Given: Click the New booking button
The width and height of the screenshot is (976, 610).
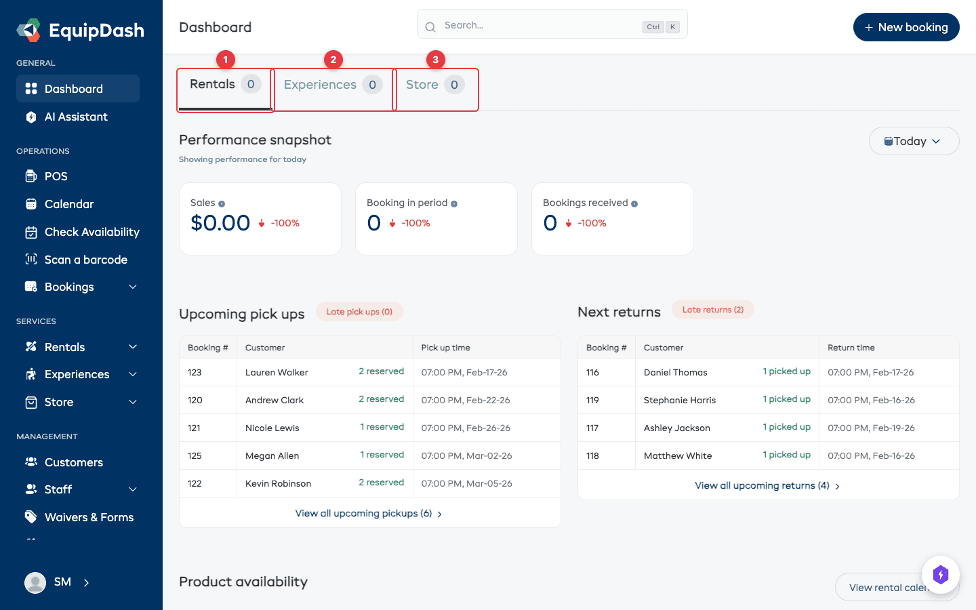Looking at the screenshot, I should pos(906,27).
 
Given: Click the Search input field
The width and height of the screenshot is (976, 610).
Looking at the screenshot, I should pos(542,25).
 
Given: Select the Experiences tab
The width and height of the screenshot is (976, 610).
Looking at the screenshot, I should pos(332,85).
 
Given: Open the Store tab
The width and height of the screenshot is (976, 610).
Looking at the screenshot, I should pos(434,85).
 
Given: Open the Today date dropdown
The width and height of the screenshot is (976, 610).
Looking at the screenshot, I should pos(913,141).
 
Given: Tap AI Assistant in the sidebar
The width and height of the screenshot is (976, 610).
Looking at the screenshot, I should pos(76,117).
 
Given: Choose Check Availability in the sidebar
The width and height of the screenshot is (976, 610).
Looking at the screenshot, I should pos(91,232).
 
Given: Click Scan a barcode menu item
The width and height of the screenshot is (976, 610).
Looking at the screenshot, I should pos(85,260).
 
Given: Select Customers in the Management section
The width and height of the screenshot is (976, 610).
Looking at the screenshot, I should pos(73,462).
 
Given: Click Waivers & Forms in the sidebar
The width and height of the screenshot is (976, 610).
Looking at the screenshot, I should pos(89,517).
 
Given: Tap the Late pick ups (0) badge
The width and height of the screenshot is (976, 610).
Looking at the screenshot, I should pos(359,312).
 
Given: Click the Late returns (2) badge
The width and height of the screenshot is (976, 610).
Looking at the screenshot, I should pos(712,310).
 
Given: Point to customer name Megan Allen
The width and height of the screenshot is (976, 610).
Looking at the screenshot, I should pos(272,455).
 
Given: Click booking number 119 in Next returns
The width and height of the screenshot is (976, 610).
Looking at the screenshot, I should pos(592,400).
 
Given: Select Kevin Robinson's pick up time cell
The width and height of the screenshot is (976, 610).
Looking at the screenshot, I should pos(466,483).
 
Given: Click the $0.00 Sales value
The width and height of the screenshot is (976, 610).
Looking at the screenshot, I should pos(220,223).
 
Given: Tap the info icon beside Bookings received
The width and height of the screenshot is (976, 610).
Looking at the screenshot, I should pos(634,203).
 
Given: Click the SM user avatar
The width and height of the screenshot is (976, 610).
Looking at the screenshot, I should pos(35,582).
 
